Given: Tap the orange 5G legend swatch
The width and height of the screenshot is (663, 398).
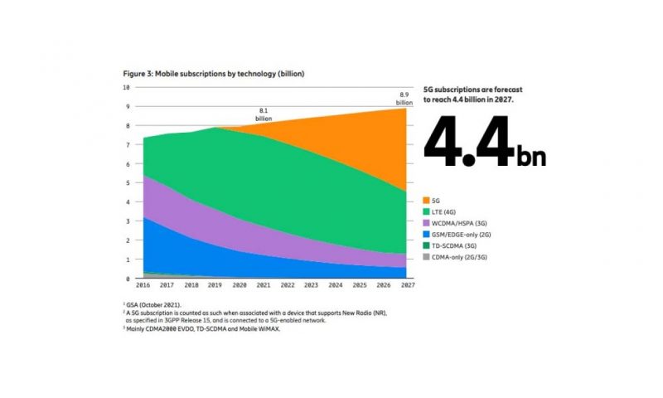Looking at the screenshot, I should [x=428, y=201].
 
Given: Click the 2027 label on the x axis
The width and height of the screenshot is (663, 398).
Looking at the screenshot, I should [x=407, y=285].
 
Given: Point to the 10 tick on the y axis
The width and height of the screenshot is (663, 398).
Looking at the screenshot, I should [x=126, y=87].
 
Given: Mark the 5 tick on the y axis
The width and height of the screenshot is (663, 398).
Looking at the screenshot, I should [x=128, y=182].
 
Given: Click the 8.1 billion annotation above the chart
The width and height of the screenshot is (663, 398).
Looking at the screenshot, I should [x=264, y=114].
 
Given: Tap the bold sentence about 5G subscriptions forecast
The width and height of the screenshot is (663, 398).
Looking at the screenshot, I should [x=472, y=94].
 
